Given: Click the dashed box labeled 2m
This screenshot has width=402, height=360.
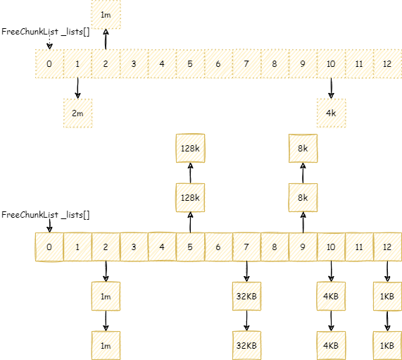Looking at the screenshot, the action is pyautogui.click(x=77, y=113).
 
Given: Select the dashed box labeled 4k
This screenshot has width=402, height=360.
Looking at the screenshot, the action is pyautogui.click(x=331, y=113).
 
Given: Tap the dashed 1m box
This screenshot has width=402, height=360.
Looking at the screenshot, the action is pyautogui.click(x=106, y=14).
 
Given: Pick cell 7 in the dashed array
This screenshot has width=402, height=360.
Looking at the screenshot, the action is pyautogui.click(x=246, y=63).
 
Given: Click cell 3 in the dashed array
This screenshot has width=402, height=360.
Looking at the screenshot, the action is pyautogui.click(x=134, y=63).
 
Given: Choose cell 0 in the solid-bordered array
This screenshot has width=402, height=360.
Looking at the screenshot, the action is pyautogui.click(x=49, y=247).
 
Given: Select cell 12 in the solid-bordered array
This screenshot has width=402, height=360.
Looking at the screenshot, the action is pyautogui.click(x=387, y=247).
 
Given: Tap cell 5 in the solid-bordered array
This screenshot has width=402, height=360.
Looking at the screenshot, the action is pyautogui.click(x=190, y=247).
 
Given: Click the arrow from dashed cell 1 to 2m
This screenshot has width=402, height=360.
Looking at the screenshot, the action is pyautogui.click(x=77, y=88).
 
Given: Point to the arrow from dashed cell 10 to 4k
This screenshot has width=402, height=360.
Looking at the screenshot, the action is pyautogui.click(x=331, y=88).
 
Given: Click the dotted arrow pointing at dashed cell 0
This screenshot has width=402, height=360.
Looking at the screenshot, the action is pyautogui.click(x=49, y=42).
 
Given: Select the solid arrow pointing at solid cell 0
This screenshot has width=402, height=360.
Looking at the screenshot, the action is pyautogui.click(x=49, y=226).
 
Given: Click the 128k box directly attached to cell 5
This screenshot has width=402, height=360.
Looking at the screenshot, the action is pyautogui.click(x=190, y=197).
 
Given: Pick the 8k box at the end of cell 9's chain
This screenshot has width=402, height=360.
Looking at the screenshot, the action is pyautogui.click(x=303, y=149).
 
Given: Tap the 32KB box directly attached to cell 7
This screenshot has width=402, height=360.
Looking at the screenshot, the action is pyautogui.click(x=246, y=296).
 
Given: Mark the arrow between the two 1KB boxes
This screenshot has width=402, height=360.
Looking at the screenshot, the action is pyautogui.click(x=387, y=321).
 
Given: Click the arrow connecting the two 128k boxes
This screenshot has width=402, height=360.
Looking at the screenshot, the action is pyautogui.click(x=190, y=173).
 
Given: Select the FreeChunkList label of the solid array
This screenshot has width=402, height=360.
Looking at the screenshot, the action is pyautogui.click(x=46, y=215).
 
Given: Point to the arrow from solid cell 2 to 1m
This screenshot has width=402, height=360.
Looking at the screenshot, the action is pyautogui.click(x=106, y=271).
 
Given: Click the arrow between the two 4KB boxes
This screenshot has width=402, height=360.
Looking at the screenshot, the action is pyautogui.click(x=331, y=321).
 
